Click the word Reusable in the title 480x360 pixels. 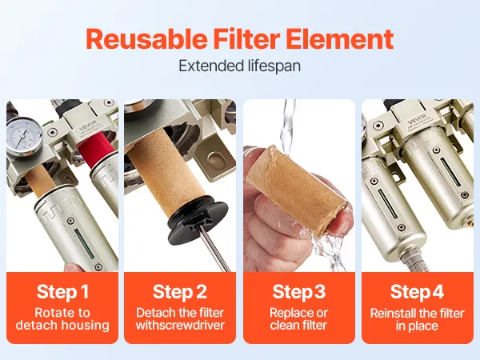click(146, 39)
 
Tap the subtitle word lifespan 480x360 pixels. click(270, 66)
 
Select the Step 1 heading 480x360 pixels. click(62, 292)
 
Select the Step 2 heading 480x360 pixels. click(180, 292)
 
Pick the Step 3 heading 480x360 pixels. click(299, 292)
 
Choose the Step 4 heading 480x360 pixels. click(417, 292)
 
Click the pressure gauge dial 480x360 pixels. click(24, 135)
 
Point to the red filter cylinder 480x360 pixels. click(94, 151)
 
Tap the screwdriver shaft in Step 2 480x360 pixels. click(215, 249)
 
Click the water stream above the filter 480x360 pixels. click(288, 126)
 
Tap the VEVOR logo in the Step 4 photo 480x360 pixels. click(417, 119)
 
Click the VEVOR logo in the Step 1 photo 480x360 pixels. click(89, 126)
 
